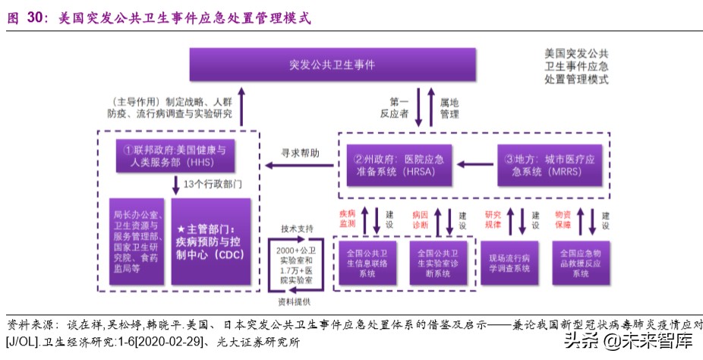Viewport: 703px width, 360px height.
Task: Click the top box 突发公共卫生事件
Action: point(333,65)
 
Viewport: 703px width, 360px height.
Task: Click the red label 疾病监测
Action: point(347,219)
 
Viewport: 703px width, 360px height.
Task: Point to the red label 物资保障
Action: point(563,219)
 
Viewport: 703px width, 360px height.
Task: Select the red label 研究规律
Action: point(493,219)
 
